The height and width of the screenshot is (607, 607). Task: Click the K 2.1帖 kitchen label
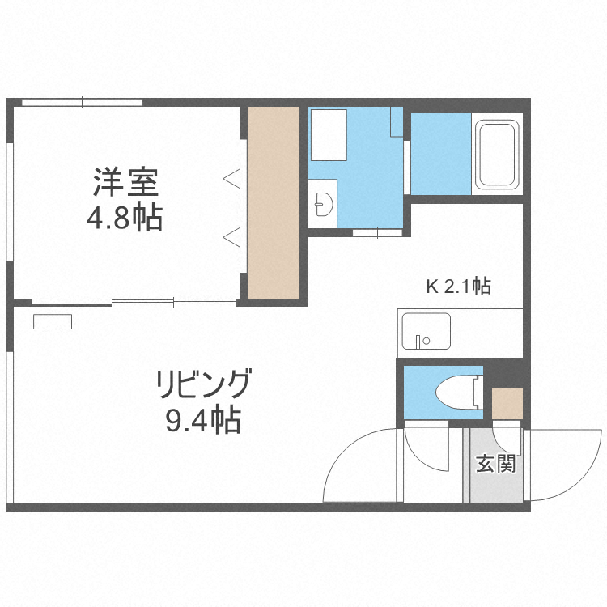(x=458, y=286)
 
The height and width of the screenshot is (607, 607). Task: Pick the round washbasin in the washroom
(x=324, y=203)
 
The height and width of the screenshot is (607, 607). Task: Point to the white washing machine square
(x=329, y=134)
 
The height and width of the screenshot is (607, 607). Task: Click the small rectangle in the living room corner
(x=53, y=321)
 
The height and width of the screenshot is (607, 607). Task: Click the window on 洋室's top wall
(x=82, y=102)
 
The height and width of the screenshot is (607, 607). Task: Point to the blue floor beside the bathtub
(x=441, y=154)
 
